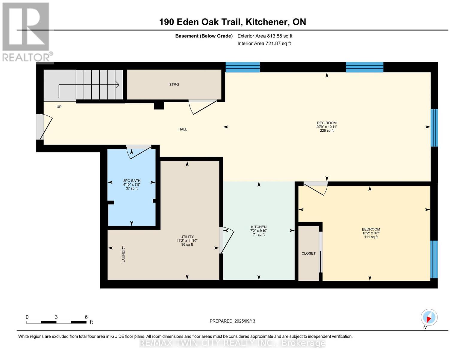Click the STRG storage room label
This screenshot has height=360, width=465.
point(174,85)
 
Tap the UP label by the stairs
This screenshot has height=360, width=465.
point(59,107)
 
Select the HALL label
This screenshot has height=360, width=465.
point(183,129)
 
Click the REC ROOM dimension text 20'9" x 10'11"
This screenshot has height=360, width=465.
point(327,127)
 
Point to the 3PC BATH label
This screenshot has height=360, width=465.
point(132,181)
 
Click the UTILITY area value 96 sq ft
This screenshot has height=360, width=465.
point(187,244)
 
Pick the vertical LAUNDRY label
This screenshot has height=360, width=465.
point(123,254)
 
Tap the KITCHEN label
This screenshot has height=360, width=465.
point(259,227)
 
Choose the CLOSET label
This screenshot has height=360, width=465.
point(309,253)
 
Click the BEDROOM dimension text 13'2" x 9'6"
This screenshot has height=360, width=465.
point(371,233)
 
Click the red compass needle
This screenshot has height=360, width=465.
point(429,319)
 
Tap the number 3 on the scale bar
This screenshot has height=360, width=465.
point(56,317)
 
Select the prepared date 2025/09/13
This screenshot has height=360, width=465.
point(245,321)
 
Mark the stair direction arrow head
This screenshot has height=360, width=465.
point(117,85)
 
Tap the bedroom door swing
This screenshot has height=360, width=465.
point(316,188)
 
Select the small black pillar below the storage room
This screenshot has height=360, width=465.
point(159,106)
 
